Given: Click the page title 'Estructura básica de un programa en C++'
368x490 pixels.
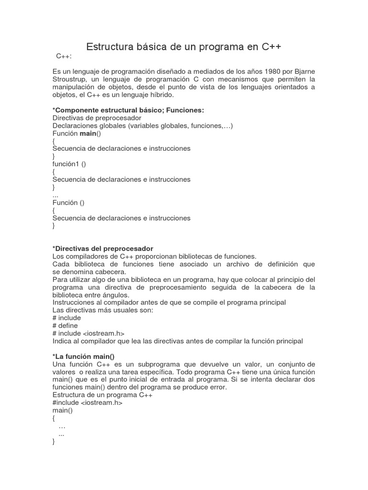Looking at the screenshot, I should click(184, 47).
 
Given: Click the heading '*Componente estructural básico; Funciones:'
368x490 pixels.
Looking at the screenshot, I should click(128, 110).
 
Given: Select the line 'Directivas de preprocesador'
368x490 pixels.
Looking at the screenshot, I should click(97, 118).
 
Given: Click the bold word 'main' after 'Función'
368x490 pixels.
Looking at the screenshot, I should click(88, 133).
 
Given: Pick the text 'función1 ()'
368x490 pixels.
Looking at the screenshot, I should click(69, 164).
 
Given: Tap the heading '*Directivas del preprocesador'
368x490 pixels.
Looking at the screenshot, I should click(103, 248).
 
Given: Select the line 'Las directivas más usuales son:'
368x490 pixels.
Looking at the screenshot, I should click(103, 310).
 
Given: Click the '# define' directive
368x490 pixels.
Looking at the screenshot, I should click(65, 325).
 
